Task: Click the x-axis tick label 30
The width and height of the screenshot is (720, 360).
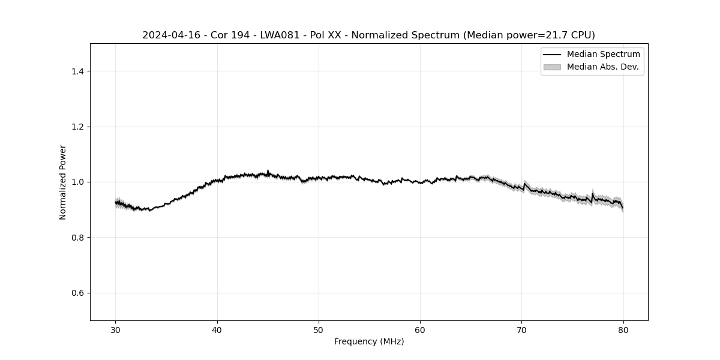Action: click(x=116, y=329)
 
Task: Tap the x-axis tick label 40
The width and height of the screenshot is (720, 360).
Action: click(x=217, y=329)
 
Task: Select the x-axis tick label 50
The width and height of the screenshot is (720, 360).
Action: click(x=319, y=329)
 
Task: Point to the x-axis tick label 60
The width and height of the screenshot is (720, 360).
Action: click(x=420, y=329)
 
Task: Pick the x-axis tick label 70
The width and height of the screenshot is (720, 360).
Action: click(x=522, y=329)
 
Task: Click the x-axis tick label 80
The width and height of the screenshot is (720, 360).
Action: click(x=623, y=329)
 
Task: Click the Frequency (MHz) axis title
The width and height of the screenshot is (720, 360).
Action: click(x=369, y=341)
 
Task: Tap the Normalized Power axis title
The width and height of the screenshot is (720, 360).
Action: click(x=63, y=182)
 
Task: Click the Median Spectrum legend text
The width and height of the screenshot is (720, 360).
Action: click(x=603, y=55)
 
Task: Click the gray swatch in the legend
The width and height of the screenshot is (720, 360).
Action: click(x=551, y=67)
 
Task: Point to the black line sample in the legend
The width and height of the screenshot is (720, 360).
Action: click(x=551, y=55)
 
